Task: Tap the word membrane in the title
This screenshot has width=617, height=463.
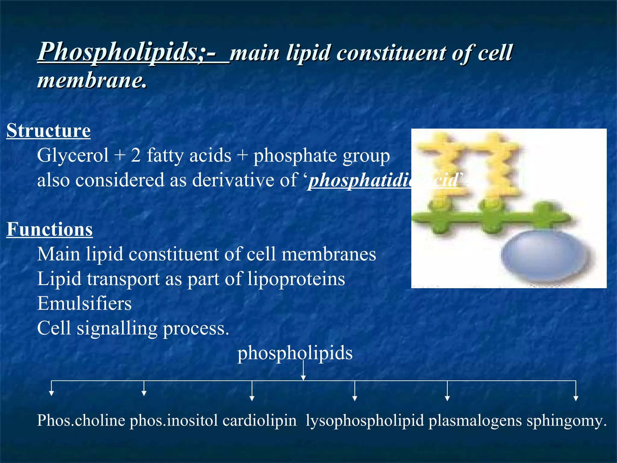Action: click(92, 80)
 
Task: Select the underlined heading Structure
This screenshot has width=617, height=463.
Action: click(49, 131)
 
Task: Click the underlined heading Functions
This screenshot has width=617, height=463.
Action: click(50, 229)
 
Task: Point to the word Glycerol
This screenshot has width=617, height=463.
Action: click(73, 156)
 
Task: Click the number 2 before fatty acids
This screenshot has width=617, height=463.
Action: click(136, 156)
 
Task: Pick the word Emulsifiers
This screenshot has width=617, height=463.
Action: click(84, 303)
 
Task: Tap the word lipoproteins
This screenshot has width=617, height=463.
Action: click(296, 279)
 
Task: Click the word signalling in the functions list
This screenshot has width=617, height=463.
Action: click(117, 328)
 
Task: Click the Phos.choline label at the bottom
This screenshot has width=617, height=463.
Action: click(81, 420)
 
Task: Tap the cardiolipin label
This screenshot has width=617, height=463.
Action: click(259, 420)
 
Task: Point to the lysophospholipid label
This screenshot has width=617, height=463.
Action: click(365, 420)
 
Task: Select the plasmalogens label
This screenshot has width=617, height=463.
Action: click(475, 420)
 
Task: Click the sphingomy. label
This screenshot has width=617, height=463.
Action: click(566, 420)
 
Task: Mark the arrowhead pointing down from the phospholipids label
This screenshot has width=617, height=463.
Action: click(303, 378)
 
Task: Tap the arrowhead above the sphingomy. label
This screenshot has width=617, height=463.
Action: click(576, 398)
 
